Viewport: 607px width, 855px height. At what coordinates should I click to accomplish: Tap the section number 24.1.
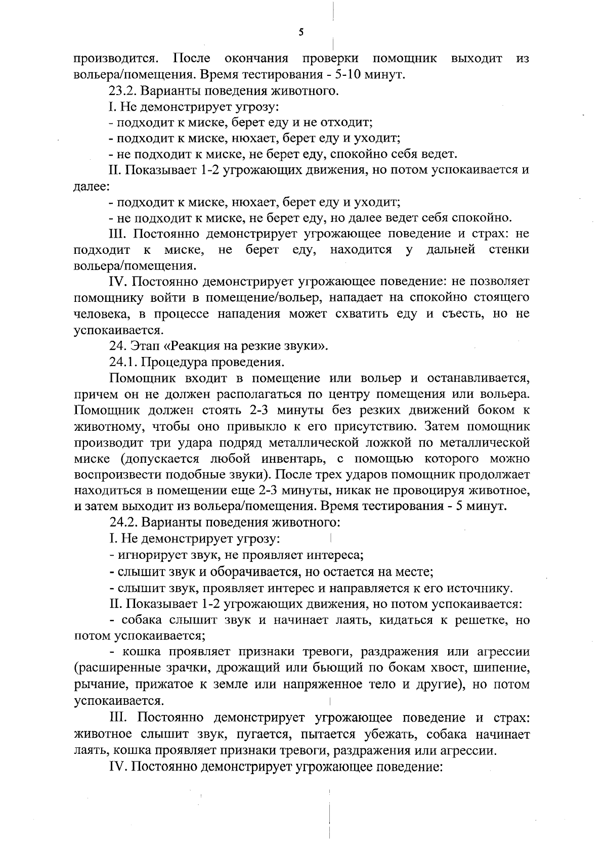(x=123, y=362)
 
